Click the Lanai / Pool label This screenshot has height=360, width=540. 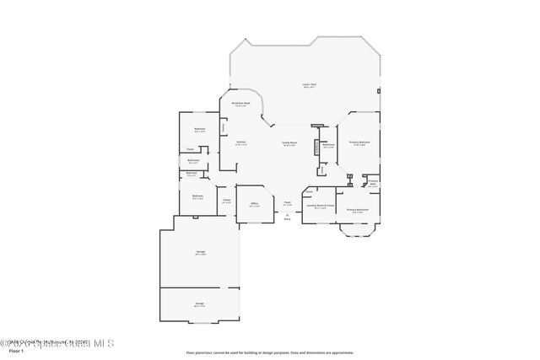[x=310, y=85]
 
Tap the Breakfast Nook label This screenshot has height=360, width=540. [x=240, y=104]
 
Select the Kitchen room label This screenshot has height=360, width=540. [x=240, y=142]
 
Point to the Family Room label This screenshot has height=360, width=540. [x=289, y=143]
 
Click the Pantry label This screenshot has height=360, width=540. [x=223, y=127]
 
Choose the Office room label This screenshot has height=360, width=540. [x=253, y=203]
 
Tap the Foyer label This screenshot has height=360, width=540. [x=287, y=202]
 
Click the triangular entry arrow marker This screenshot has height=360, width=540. [x=287, y=214]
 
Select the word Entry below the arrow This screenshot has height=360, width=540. [x=287, y=219]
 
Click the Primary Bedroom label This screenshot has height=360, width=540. [x=359, y=143]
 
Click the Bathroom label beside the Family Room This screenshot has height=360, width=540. [x=329, y=145]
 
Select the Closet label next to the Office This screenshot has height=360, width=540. [x=226, y=200]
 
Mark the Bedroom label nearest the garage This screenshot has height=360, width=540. [x=197, y=196]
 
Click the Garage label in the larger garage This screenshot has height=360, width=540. [x=201, y=252]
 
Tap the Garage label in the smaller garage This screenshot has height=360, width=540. [x=199, y=304]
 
